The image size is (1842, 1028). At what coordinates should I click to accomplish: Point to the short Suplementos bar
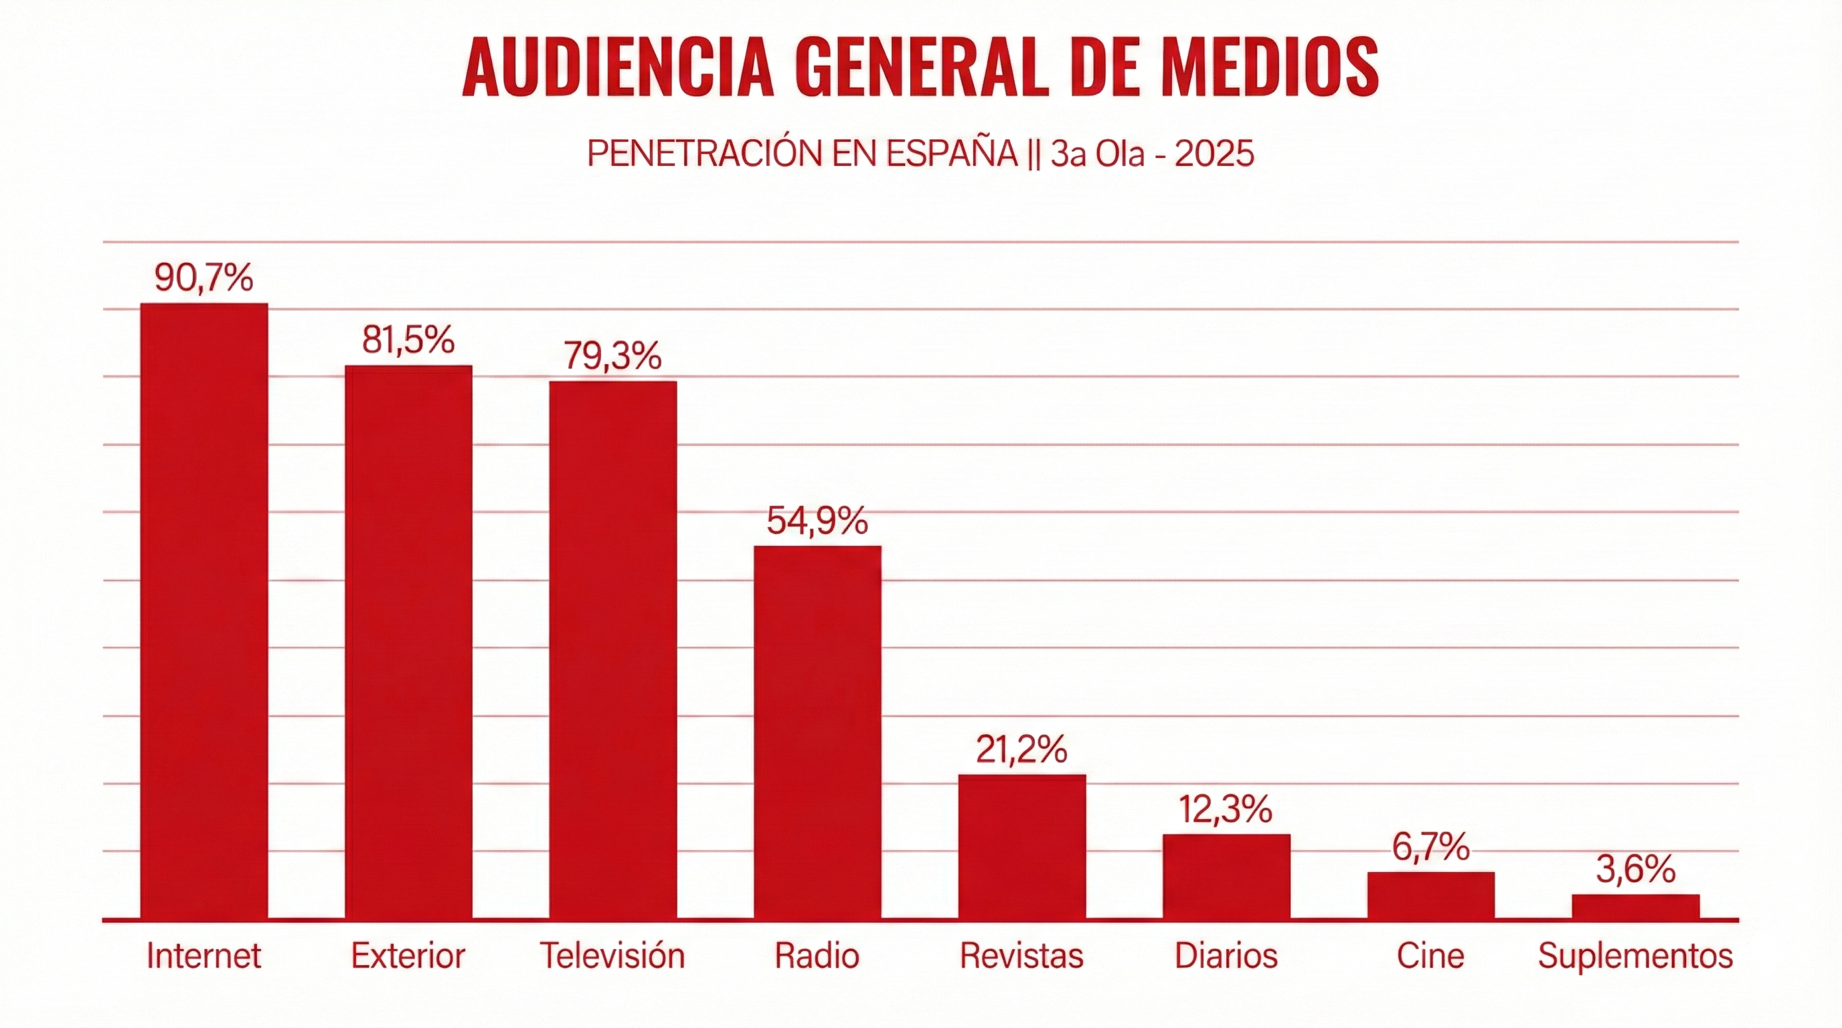pyautogui.click(x=1636, y=906)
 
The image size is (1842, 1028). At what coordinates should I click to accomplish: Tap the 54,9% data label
pyautogui.click(x=817, y=521)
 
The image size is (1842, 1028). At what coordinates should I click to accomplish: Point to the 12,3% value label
pyautogui.click(x=1226, y=809)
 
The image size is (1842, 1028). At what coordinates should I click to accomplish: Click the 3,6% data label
pyautogui.click(x=1636, y=870)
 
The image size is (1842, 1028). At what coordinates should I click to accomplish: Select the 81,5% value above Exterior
pyautogui.click(x=408, y=339)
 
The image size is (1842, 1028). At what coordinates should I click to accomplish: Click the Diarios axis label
pyautogui.click(x=1226, y=956)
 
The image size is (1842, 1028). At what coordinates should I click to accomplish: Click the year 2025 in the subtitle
pyautogui.click(x=1214, y=154)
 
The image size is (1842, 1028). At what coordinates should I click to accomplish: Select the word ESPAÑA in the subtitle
pyautogui.click(x=952, y=153)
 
